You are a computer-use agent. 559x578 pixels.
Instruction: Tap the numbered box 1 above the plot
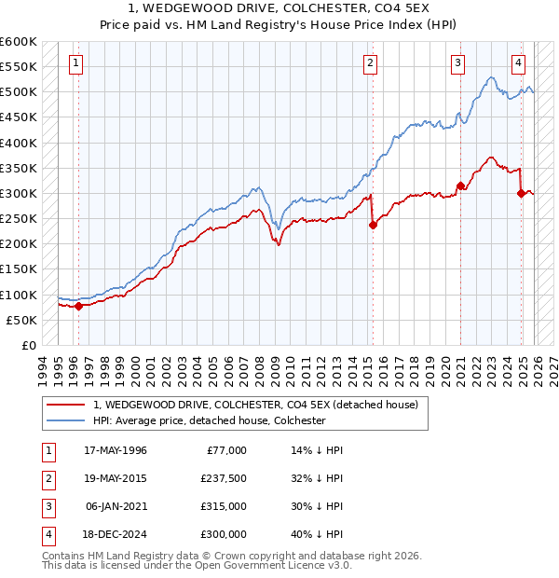coord(75,63)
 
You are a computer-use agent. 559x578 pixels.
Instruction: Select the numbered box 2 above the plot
coord(370,63)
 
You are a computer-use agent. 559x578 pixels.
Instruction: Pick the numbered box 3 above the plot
coord(458,63)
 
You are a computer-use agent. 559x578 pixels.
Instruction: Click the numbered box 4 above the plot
coord(518,63)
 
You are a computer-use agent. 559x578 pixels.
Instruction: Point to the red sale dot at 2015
coord(373,225)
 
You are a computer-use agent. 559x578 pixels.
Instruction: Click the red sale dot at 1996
coord(78,306)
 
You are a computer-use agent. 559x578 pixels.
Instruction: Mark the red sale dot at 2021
coord(460,186)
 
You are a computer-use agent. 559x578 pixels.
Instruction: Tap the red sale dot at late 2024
coord(521,193)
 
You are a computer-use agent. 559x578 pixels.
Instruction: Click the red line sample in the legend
coord(65,405)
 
